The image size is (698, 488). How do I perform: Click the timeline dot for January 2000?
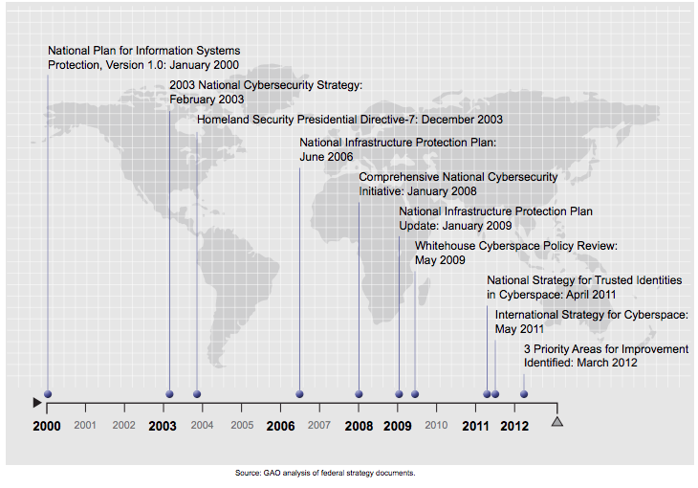pos(48,394)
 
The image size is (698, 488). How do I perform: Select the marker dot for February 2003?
pos(169,394)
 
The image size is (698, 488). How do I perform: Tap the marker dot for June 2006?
pos(299,394)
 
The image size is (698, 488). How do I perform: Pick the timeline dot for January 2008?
pos(359,394)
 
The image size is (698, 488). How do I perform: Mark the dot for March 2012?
pos(524,394)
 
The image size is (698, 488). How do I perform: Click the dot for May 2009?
pos(415,394)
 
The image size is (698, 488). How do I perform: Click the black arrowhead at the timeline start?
pos(36,402)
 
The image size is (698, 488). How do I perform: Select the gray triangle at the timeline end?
pos(558,420)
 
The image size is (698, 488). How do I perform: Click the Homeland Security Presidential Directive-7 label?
pos(349,120)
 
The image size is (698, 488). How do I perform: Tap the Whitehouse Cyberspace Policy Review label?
pos(515,253)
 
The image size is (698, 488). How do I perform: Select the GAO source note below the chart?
pos(324,473)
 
